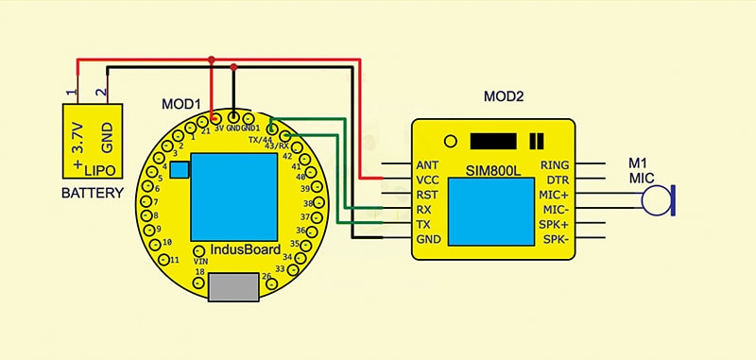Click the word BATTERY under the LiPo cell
point(93,194)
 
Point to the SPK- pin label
point(554,240)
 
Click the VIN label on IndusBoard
point(200,260)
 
